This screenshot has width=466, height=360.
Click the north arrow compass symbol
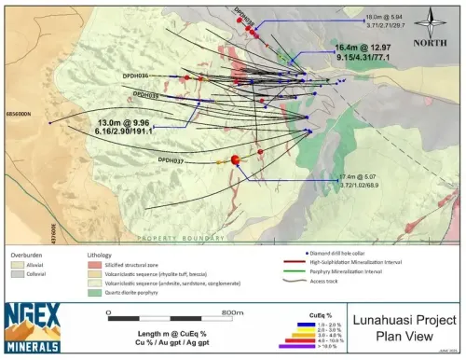431,24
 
